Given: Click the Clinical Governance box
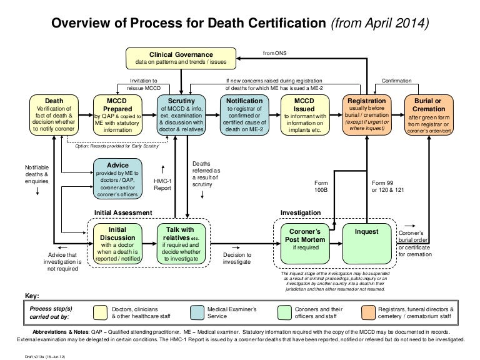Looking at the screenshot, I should coord(181,58).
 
